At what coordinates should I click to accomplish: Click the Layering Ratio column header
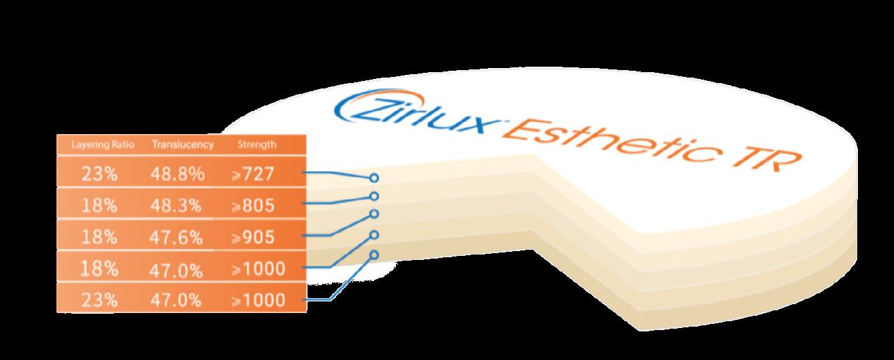pos(102,144)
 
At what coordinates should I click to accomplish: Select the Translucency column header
pos(182,144)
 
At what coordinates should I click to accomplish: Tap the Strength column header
pos(256,144)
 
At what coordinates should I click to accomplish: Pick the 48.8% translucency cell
pos(178,174)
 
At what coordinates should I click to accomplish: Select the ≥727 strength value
pos(252,174)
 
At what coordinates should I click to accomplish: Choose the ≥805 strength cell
pos(252,205)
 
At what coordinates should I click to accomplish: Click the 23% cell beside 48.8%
pos(101,174)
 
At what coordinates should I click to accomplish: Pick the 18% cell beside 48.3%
pos(101,205)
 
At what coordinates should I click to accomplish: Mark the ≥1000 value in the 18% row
pos(257,268)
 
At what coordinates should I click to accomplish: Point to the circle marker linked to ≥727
pos(374,178)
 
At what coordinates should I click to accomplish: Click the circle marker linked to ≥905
pos(374,214)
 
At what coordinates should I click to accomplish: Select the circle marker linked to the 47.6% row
pos(374,214)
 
